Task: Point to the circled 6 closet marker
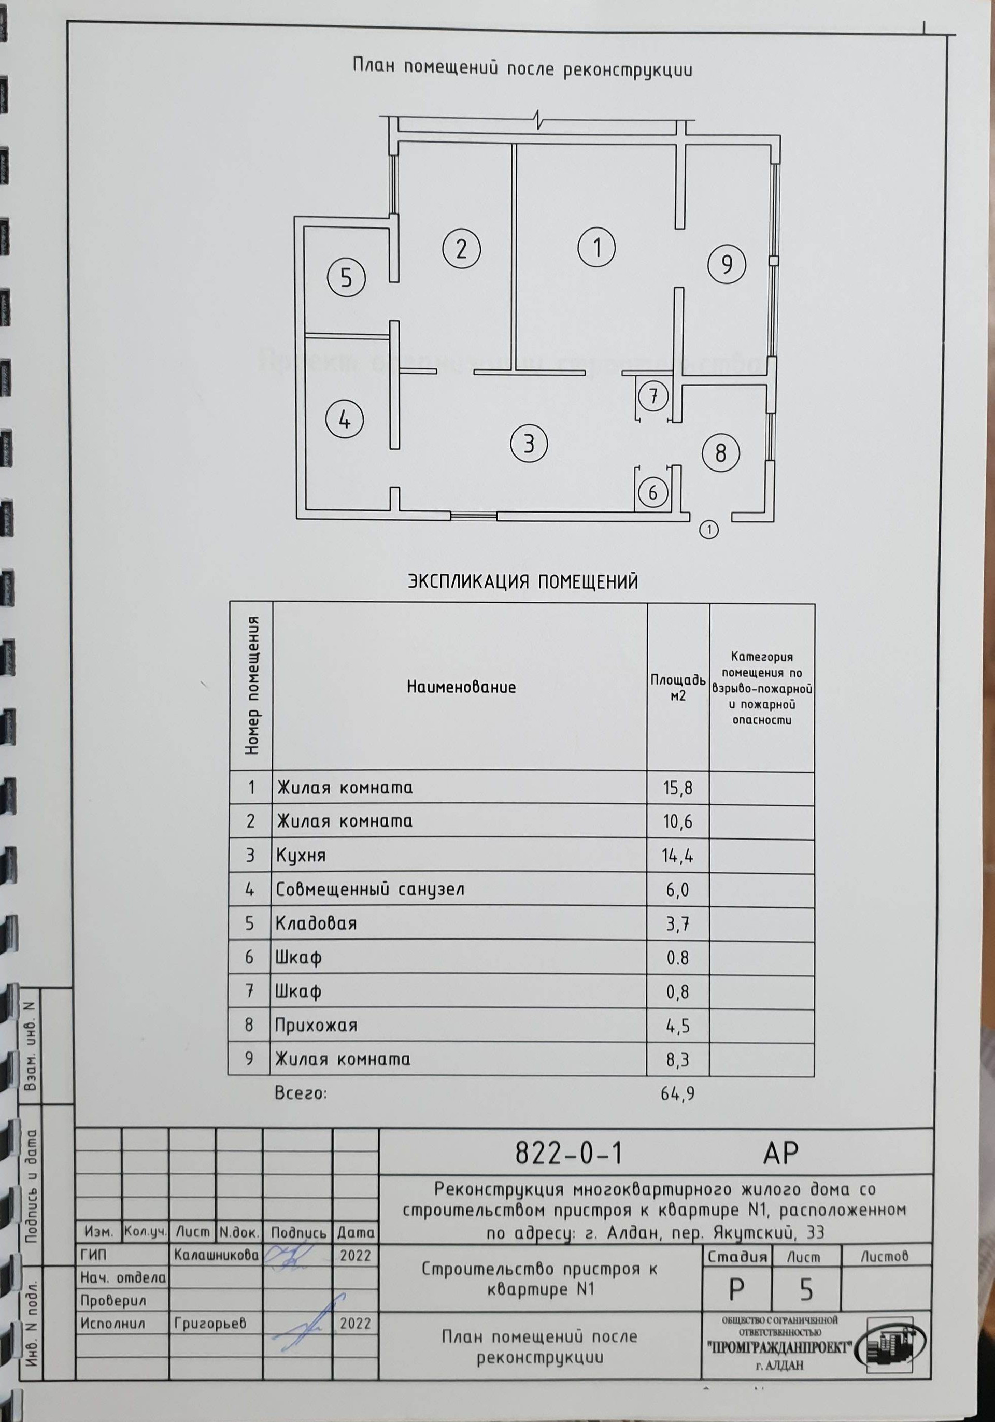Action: tap(652, 493)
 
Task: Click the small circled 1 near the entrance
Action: tap(709, 530)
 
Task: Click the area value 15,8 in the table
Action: tap(677, 788)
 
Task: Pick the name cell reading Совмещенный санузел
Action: tap(369, 889)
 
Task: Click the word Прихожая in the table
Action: tap(317, 1025)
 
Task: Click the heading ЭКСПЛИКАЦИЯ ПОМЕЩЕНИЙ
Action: tap(522, 581)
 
